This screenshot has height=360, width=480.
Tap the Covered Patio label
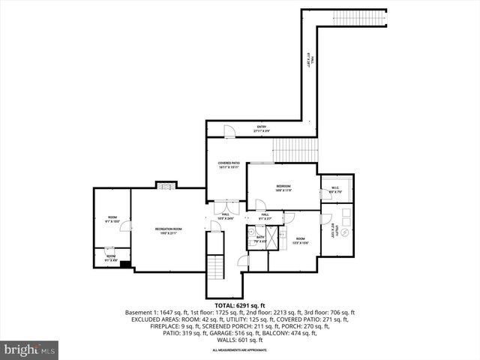click(229, 165)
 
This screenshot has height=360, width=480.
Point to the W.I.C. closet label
click(334, 190)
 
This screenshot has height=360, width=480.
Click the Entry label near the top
click(262, 128)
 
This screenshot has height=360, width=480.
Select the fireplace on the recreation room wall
click(163, 185)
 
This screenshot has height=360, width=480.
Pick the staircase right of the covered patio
click(295, 150)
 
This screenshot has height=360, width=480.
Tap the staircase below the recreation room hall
click(215, 266)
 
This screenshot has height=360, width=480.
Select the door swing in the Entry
click(231, 132)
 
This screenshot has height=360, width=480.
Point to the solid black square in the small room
click(125, 263)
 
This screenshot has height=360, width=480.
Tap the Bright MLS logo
click(30, 349)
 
